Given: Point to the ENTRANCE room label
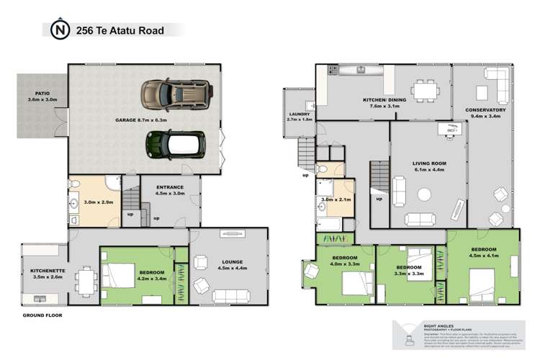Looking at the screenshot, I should pos(171,189).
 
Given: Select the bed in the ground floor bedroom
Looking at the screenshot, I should pos(122,274).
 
